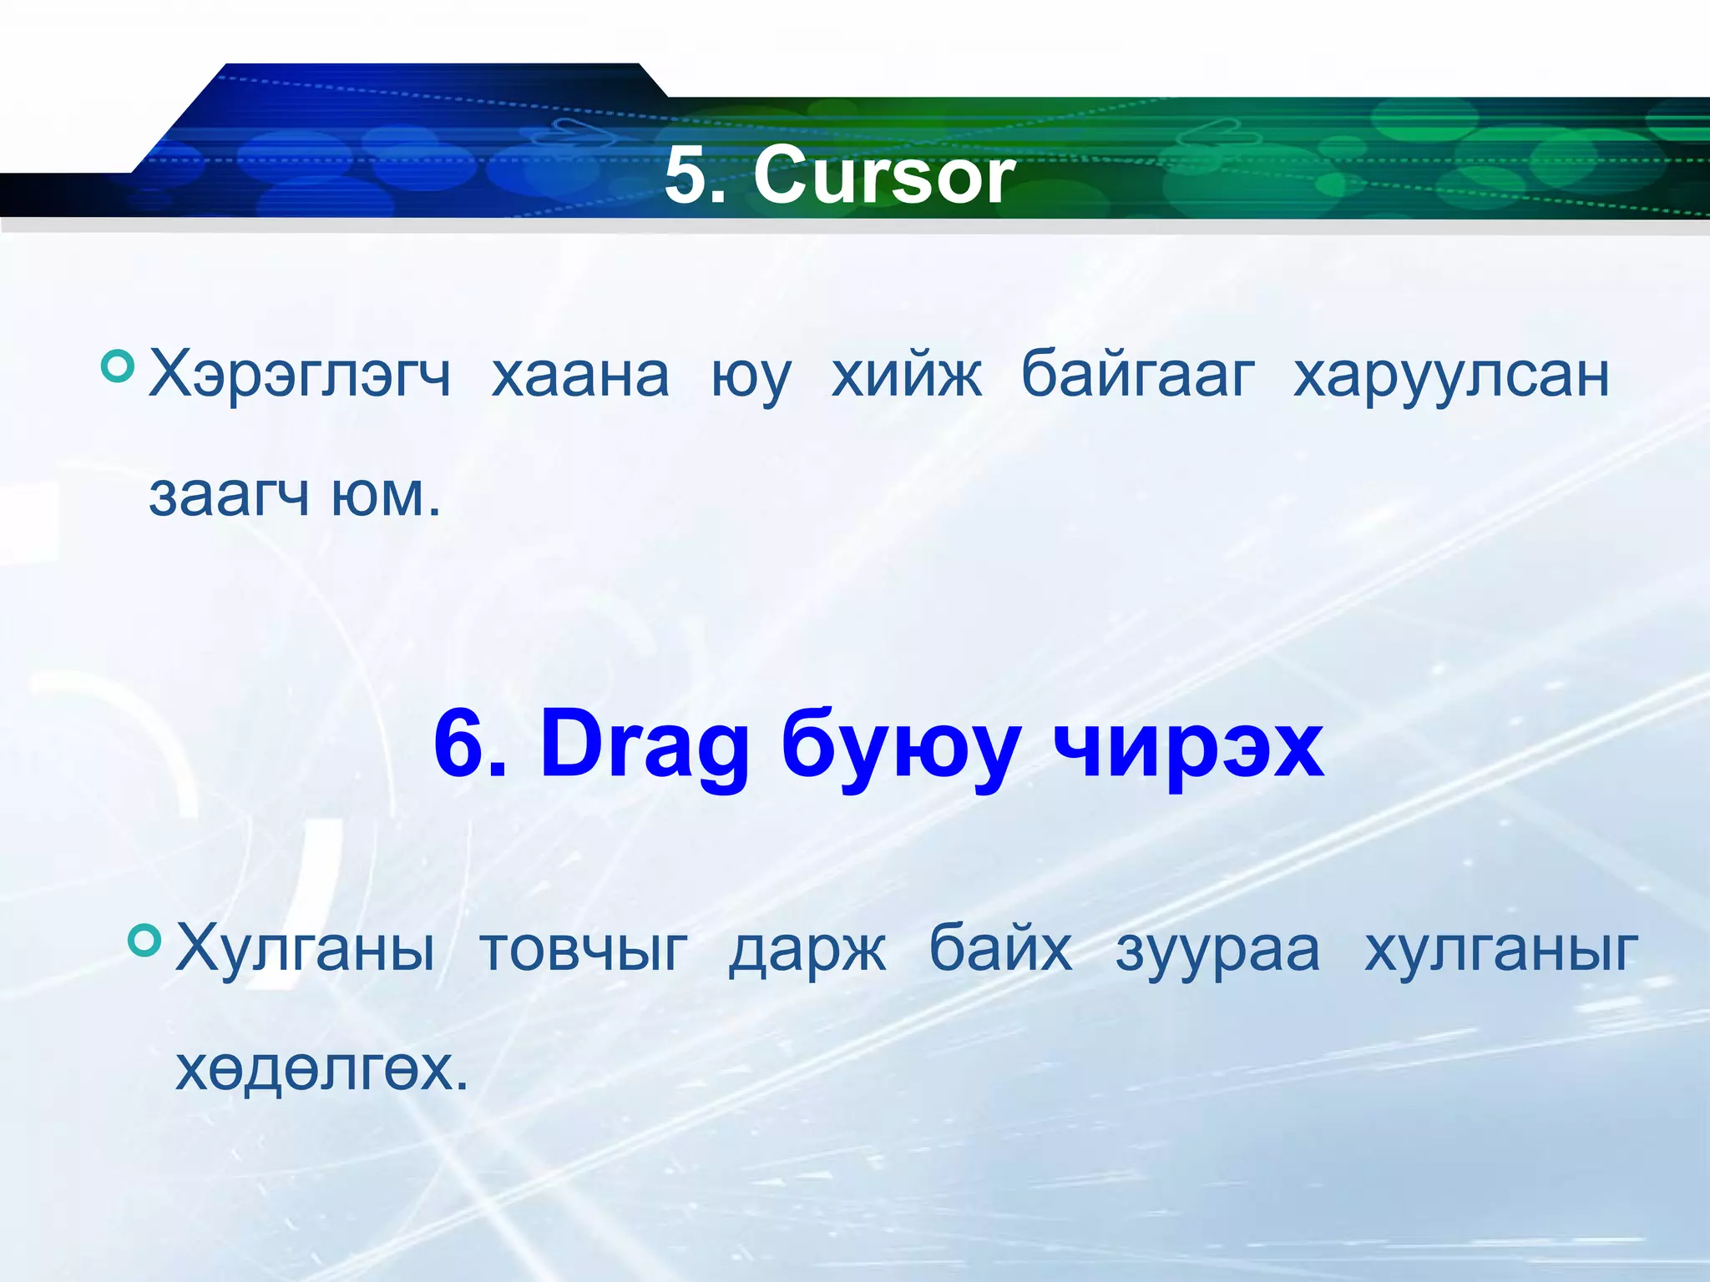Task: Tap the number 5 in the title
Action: pyautogui.click(x=686, y=176)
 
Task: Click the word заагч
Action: pyautogui.click(x=229, y=496)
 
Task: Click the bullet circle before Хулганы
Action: pyautogui.click(x=144, y=940)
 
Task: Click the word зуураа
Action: pyautogui.click(x=1217, y=950)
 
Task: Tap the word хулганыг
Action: pyautogui.click(x=1500, y=950)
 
